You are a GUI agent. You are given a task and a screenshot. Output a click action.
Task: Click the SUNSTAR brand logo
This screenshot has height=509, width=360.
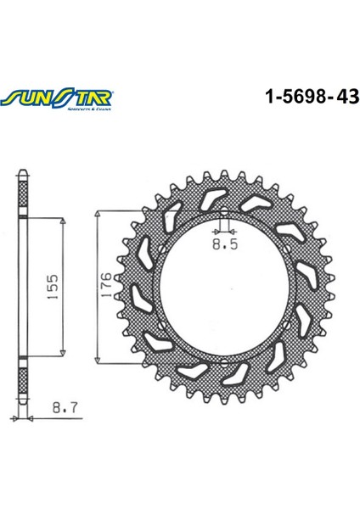click(x=53, y=98)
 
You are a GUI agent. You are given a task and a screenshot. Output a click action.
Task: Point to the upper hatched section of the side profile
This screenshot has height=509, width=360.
click(x=24, y=197)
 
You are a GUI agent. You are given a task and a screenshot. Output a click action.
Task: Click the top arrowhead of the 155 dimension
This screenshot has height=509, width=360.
click(x=63, y=221)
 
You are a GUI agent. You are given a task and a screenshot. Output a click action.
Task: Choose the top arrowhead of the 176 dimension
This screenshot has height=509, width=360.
click(x=101, y=213)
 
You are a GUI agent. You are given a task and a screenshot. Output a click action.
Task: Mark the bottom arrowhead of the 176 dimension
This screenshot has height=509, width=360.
click(x=101, y=360)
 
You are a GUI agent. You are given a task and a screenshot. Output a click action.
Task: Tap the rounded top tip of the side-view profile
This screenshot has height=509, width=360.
click(x=24, y=172)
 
